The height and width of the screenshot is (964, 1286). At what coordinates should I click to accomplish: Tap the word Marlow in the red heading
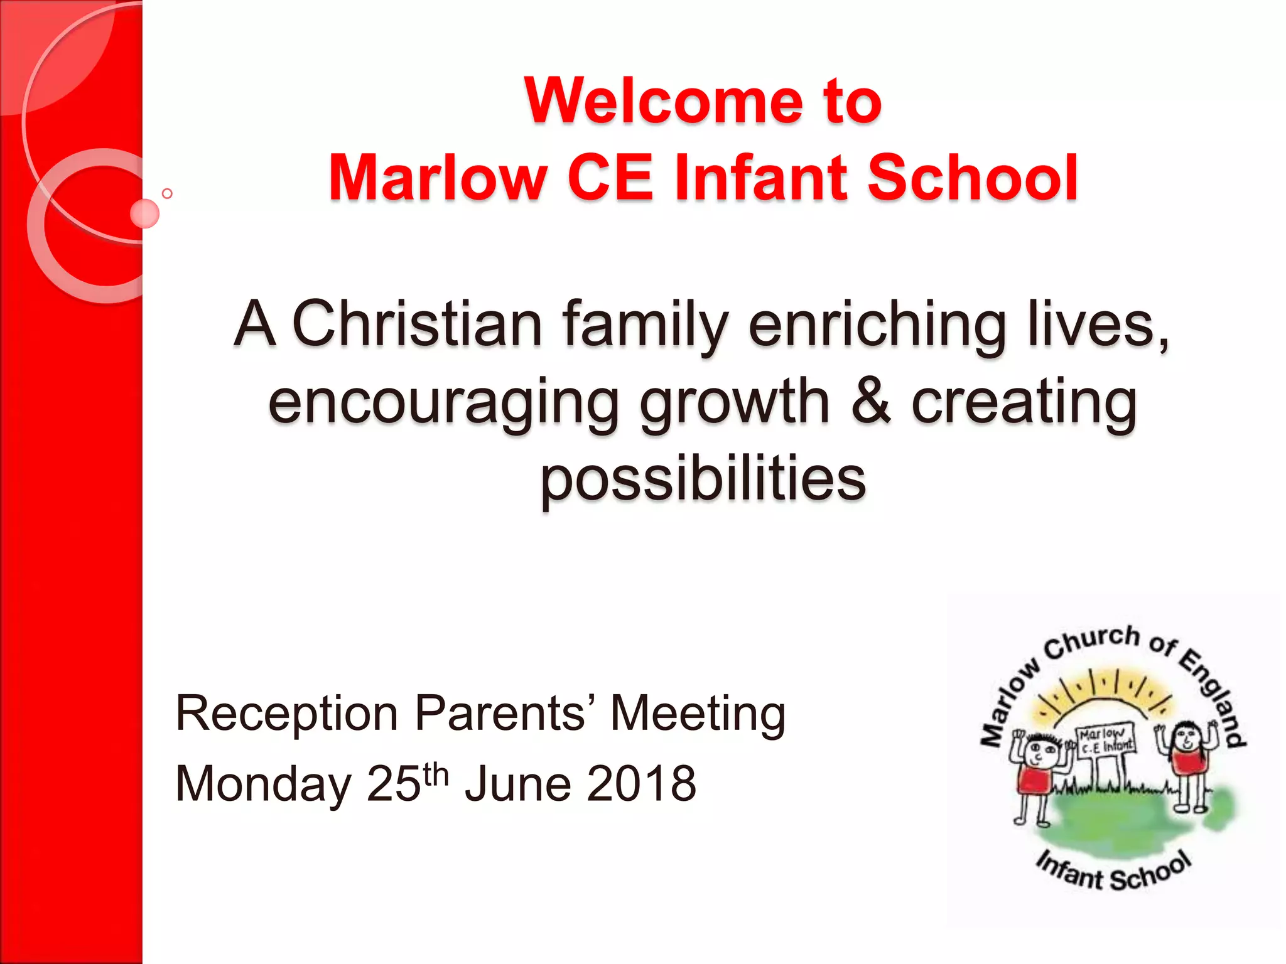438,178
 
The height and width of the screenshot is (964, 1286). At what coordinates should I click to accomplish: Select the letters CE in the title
610,178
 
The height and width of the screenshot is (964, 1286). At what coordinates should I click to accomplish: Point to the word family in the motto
645,325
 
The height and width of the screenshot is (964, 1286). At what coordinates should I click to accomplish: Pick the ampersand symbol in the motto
870,401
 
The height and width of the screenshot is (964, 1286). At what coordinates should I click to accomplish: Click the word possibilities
703,478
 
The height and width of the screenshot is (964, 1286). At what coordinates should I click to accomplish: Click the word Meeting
698,714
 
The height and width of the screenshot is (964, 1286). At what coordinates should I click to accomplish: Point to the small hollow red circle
167,193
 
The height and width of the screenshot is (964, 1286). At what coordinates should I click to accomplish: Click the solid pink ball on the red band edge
145,213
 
